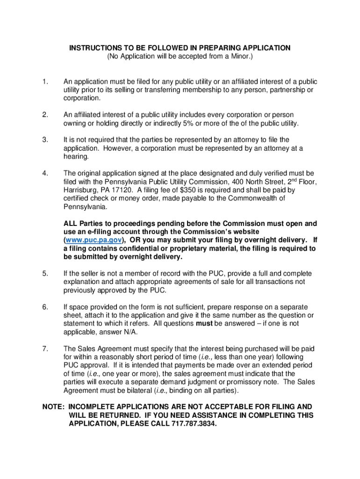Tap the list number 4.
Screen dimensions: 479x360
[45, 174]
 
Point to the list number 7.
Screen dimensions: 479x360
[45, 348]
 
